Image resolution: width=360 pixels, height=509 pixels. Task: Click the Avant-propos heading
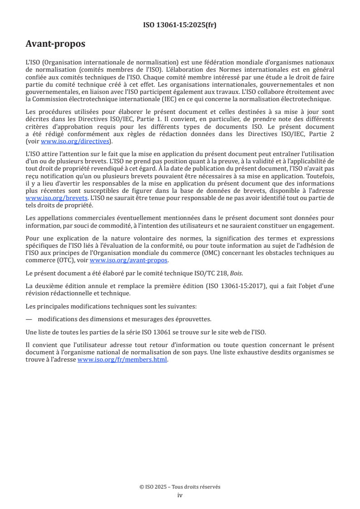tap(55, 44)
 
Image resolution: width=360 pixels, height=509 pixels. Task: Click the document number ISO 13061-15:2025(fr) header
tap(180, 25)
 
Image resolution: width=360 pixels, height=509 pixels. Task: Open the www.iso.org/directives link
tap(75, 141)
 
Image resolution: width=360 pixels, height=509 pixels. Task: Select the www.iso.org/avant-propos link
tap(129, 260)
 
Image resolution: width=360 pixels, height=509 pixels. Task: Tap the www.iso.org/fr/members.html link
tap(123, 360)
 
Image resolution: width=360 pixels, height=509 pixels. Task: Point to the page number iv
tap(180, 495)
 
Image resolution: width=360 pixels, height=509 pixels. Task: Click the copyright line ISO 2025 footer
tap(180, 487)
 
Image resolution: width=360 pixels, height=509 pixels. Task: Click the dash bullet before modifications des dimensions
tap(29, 319)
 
